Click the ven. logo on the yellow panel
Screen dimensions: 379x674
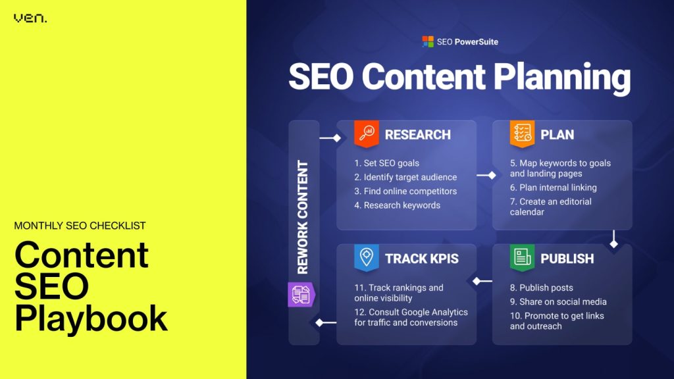click(30, 18)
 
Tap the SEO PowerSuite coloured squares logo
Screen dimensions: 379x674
click(428, 41)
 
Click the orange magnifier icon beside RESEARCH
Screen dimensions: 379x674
click(365, 134)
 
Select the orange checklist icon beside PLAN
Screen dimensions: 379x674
click(521, 134)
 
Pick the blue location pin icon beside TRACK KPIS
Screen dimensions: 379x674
click(366, 258)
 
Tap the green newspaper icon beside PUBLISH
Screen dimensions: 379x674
click(521, 258)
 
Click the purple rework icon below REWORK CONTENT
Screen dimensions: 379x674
click(300, 294)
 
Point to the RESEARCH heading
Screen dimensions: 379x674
click(417, 135)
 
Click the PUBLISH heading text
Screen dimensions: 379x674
click(567, 259)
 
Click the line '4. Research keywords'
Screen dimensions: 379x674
click(397, 205)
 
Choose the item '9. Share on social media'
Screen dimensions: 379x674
click(557, 302)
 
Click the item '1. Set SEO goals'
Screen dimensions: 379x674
click(386, 163)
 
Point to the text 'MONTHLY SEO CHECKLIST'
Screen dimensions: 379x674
click(80, 226)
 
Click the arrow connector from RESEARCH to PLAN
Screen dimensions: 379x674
click(485, 176)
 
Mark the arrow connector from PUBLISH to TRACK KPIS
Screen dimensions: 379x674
click(482, 282)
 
